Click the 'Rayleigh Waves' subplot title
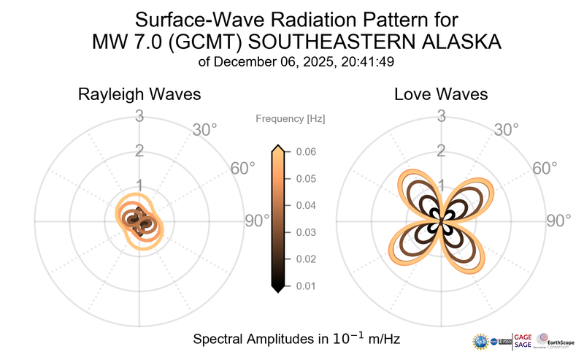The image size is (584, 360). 139,95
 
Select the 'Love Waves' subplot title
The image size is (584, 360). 441,95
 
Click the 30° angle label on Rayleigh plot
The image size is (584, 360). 204,131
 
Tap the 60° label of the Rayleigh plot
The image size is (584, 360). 243,168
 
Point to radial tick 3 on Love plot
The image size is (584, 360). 441,116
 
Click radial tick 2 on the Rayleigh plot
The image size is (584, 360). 139,151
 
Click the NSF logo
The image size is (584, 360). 481,341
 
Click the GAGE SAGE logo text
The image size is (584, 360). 523,340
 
